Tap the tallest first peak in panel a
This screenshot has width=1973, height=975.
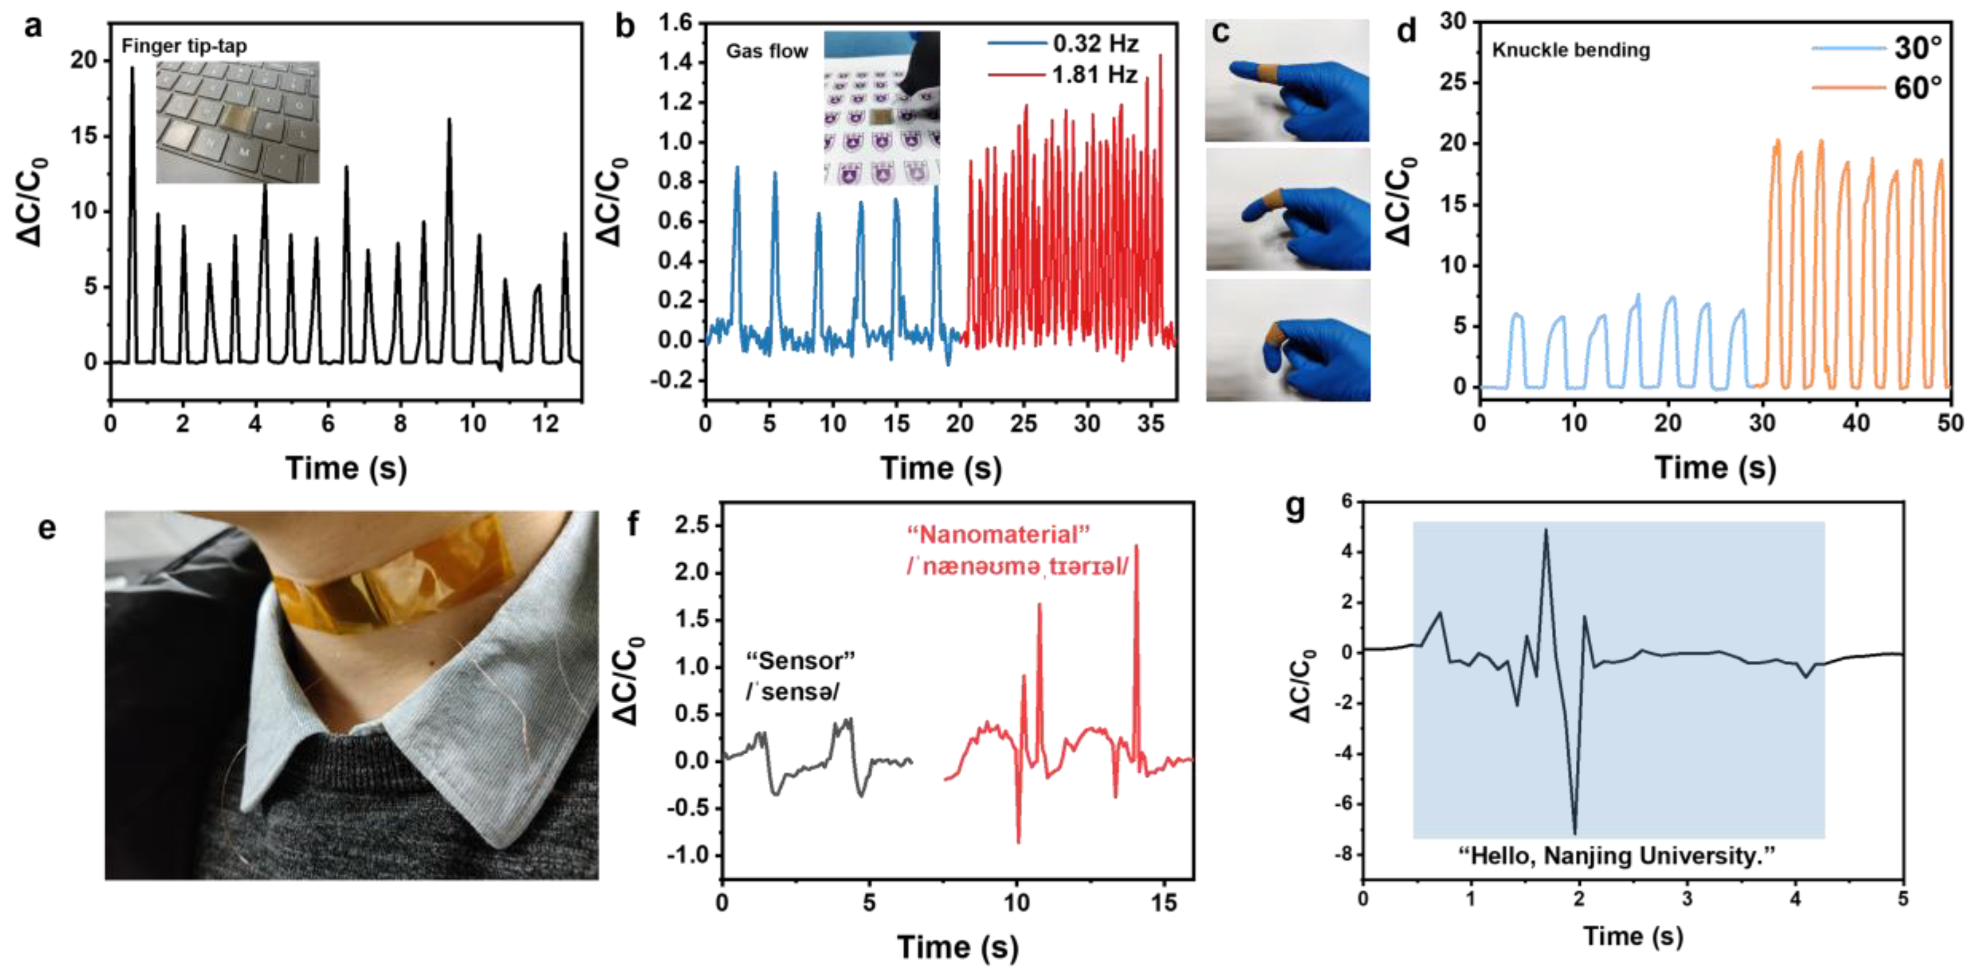click(132, 69)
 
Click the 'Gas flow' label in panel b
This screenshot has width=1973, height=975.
click(767, 51)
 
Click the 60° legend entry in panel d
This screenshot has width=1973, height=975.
click(1917, 89)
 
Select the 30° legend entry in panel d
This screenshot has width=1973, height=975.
click(1917, 48)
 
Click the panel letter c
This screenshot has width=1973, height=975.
click(1221, 32)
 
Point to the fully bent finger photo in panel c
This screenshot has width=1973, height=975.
click(1288, 340)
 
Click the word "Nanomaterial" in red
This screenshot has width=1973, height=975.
click(998, 534)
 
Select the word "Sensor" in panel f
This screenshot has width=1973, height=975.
click(800, 660)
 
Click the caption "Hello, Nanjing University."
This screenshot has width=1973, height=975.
click(1616, 856)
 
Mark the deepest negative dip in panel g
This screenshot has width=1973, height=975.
click(1575, 832)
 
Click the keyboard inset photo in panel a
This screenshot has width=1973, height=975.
click(237, 123)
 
